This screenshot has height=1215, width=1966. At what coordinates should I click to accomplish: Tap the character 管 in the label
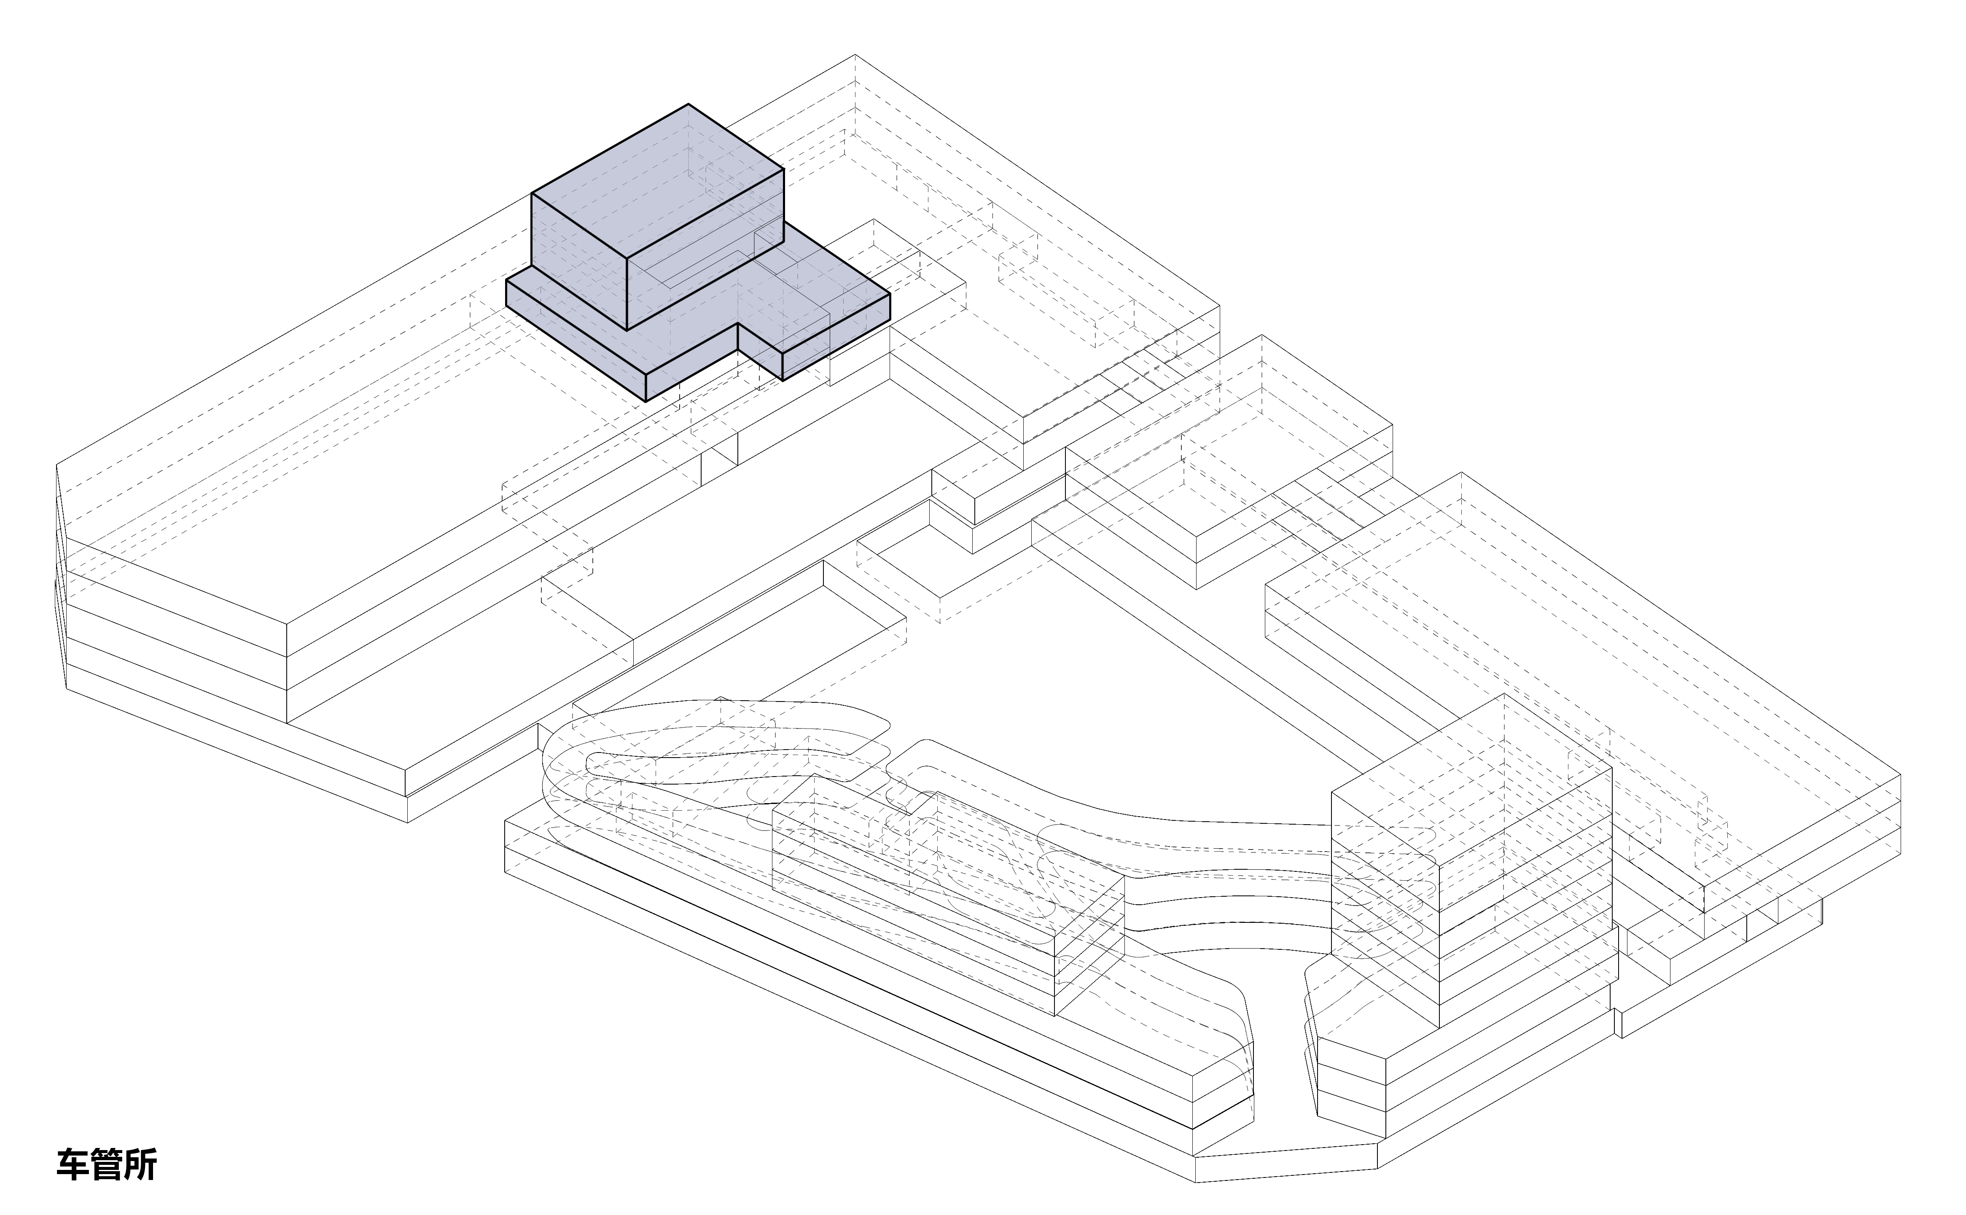coord(106,1164)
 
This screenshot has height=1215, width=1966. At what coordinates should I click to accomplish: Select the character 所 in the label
coord(140,1164)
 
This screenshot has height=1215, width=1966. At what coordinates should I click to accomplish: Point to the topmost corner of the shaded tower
coord(689,105)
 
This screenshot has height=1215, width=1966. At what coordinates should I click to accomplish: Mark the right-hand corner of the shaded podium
coord(889,295)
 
